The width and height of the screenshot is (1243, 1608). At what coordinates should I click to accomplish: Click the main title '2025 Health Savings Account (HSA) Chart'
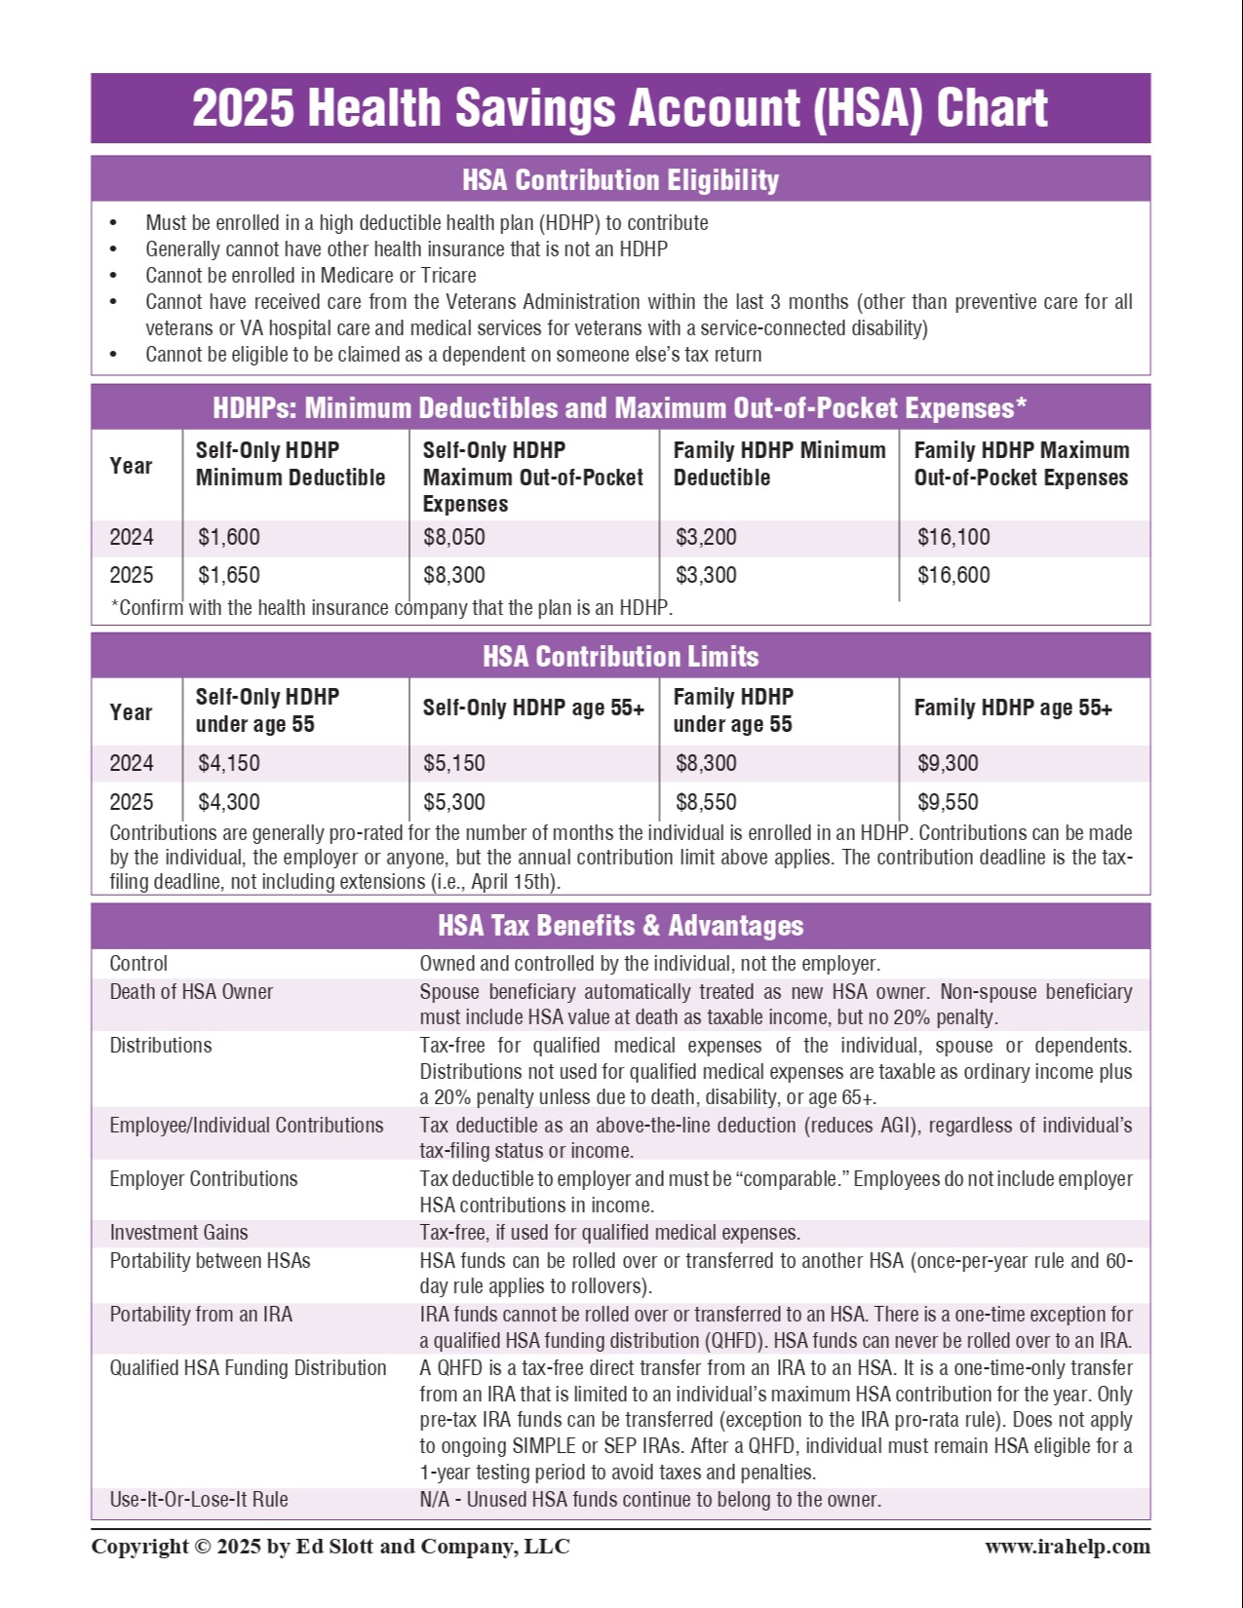coord(620,108)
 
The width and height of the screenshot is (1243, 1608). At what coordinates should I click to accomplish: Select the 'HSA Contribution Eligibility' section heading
coord(620,180)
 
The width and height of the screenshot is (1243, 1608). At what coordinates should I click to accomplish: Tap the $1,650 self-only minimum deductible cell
coord(229,575)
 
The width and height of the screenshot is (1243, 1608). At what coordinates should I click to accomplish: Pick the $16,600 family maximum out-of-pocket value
coord(953,575)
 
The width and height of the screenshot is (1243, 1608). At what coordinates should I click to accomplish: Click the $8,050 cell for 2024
coord(454,537)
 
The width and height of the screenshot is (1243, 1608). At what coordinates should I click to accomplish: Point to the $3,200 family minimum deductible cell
coord(706,537)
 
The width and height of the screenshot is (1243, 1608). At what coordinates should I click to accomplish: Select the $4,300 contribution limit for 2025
coord(229,802)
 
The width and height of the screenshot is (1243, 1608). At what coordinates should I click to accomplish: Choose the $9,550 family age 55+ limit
coord(948,802)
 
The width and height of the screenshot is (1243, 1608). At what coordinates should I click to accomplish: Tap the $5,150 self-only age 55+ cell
coord(454,763)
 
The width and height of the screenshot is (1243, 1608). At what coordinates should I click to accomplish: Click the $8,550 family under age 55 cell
coord(706,802)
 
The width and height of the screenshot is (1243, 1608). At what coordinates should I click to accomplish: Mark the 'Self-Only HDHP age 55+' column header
coord(533,708)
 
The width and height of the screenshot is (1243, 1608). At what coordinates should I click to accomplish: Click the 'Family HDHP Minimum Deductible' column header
coord(779,464)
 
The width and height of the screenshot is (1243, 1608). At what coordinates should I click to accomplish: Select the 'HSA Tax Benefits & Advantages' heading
coord(620,926)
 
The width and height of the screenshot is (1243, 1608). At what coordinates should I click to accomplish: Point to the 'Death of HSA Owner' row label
coord(191,992)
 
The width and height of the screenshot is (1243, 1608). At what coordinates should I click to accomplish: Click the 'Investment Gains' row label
coord(178,1233)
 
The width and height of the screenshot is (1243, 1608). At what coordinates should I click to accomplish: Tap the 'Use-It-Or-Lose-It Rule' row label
coord(199,1499)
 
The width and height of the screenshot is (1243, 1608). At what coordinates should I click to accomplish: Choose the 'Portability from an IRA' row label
coord(201,1315)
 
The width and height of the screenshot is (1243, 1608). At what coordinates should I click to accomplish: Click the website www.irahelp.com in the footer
coord(1067,1547)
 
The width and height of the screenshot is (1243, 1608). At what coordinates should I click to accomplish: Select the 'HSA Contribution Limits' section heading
coord(620,657)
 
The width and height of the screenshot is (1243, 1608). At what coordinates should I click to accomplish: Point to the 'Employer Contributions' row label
coord(204,1179)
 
